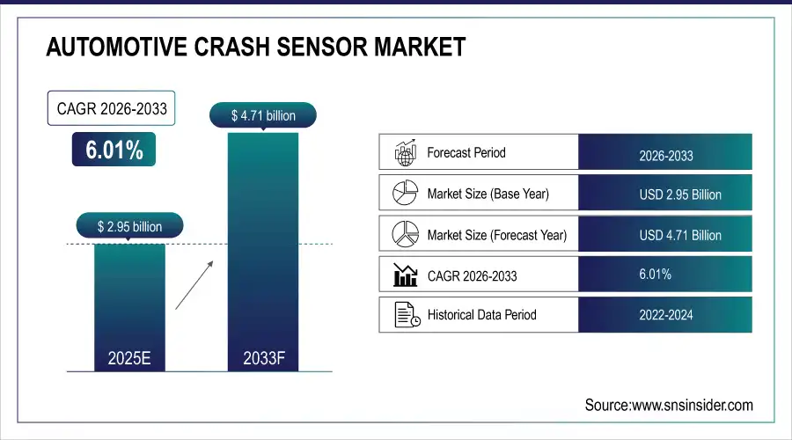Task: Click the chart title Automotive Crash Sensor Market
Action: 255,48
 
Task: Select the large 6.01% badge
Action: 114,150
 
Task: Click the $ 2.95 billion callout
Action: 130,227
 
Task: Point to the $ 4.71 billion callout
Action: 262,115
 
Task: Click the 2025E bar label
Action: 129,358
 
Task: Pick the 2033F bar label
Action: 263,358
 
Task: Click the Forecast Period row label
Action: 466,152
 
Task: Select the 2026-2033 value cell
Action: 665,156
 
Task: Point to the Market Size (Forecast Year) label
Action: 496,235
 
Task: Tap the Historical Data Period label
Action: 481,314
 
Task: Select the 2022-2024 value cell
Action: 665,314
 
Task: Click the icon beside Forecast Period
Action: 404,153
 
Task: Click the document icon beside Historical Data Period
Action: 404,314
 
